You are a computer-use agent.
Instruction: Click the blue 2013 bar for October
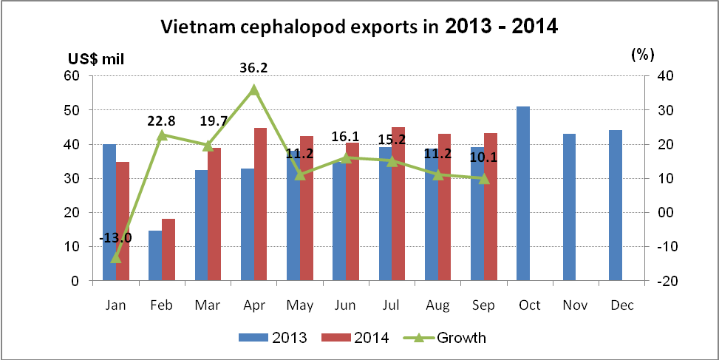(523, 194)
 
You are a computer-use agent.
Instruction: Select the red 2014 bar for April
(260, 205)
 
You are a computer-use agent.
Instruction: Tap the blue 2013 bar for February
(155, 256)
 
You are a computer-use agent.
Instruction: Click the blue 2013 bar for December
(615, 206)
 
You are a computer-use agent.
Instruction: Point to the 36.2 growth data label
(253, 68)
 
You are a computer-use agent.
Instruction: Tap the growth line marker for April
(253, 89)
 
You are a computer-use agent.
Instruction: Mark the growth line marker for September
(484, 178)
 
